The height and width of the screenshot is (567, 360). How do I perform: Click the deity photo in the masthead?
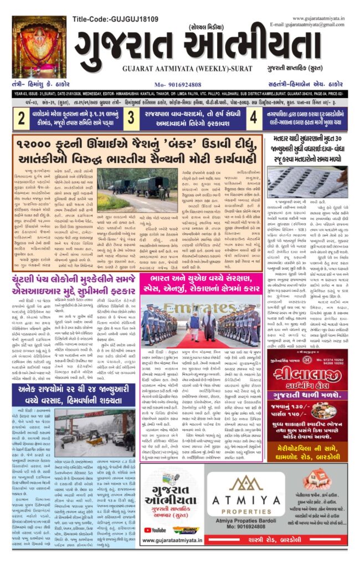tap(39, 47)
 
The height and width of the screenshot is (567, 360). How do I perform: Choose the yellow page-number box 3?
tap(131, 117)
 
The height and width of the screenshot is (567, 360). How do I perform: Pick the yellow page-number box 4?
tap(253, 117)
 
